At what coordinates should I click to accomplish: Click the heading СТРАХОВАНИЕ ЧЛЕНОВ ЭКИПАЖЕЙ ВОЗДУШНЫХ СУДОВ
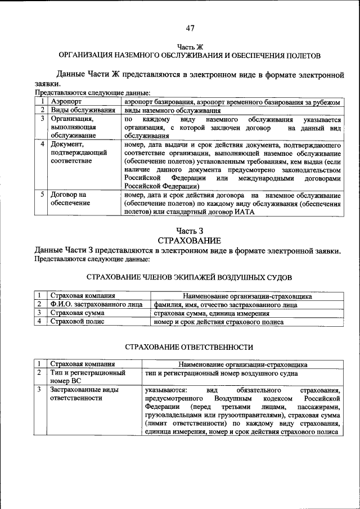pos(190,277)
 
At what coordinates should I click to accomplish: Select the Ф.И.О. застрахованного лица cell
pos(96,304)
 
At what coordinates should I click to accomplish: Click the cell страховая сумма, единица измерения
pos(204,313)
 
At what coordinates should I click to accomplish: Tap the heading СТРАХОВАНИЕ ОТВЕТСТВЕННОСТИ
pos(189,347)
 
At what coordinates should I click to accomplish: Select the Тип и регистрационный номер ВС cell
pos(87,377)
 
